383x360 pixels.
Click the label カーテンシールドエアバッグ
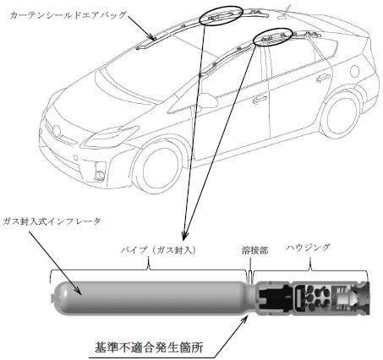[x=68, y=15]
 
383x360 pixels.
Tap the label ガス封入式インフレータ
[x=52, y=221]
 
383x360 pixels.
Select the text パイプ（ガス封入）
[x=158, y=250]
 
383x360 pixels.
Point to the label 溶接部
[x=255, y=250]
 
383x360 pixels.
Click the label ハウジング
[x=308, y=248]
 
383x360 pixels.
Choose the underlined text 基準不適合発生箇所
[x=149, y=347]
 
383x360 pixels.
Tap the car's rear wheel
[x=340, y=116]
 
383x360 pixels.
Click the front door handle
[x=260, y=99]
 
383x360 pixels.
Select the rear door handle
[x=323, y=78]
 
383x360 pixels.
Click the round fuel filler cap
[x=354, y=71]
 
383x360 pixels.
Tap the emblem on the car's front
[x=57, y=131]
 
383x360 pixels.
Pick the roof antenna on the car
[x=285, y=13]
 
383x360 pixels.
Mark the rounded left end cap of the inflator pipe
[x=57, y=297]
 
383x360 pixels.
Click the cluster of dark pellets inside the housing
[x=315, y=298]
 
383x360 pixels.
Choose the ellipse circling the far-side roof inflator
[x=222, y=16]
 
